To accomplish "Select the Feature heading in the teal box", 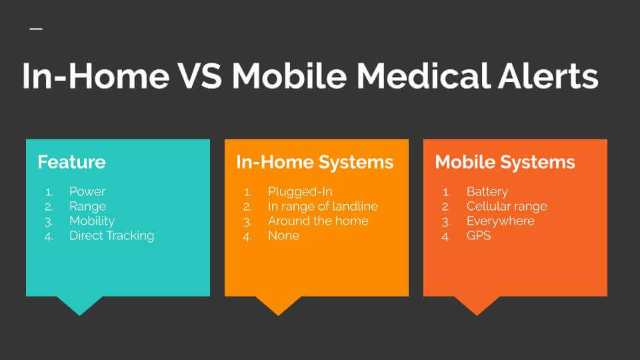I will [71, 162].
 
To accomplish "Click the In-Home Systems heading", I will [315, 162].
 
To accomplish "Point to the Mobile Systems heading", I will [505, 162].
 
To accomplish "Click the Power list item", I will [87, 191].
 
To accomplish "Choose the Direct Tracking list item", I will [111, 235].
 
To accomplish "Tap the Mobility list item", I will [92, 221].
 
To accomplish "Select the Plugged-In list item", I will [300, 191].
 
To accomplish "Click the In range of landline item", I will [323, 206].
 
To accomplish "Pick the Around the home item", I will [318, 221].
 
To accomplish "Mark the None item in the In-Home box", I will [283, 235].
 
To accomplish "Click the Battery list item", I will [487, 191].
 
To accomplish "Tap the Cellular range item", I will [507, 206].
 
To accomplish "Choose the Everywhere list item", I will [500, 221].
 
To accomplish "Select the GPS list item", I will [479, 235].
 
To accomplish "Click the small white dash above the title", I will [36, 29].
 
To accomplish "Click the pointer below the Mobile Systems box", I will [477, 305].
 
